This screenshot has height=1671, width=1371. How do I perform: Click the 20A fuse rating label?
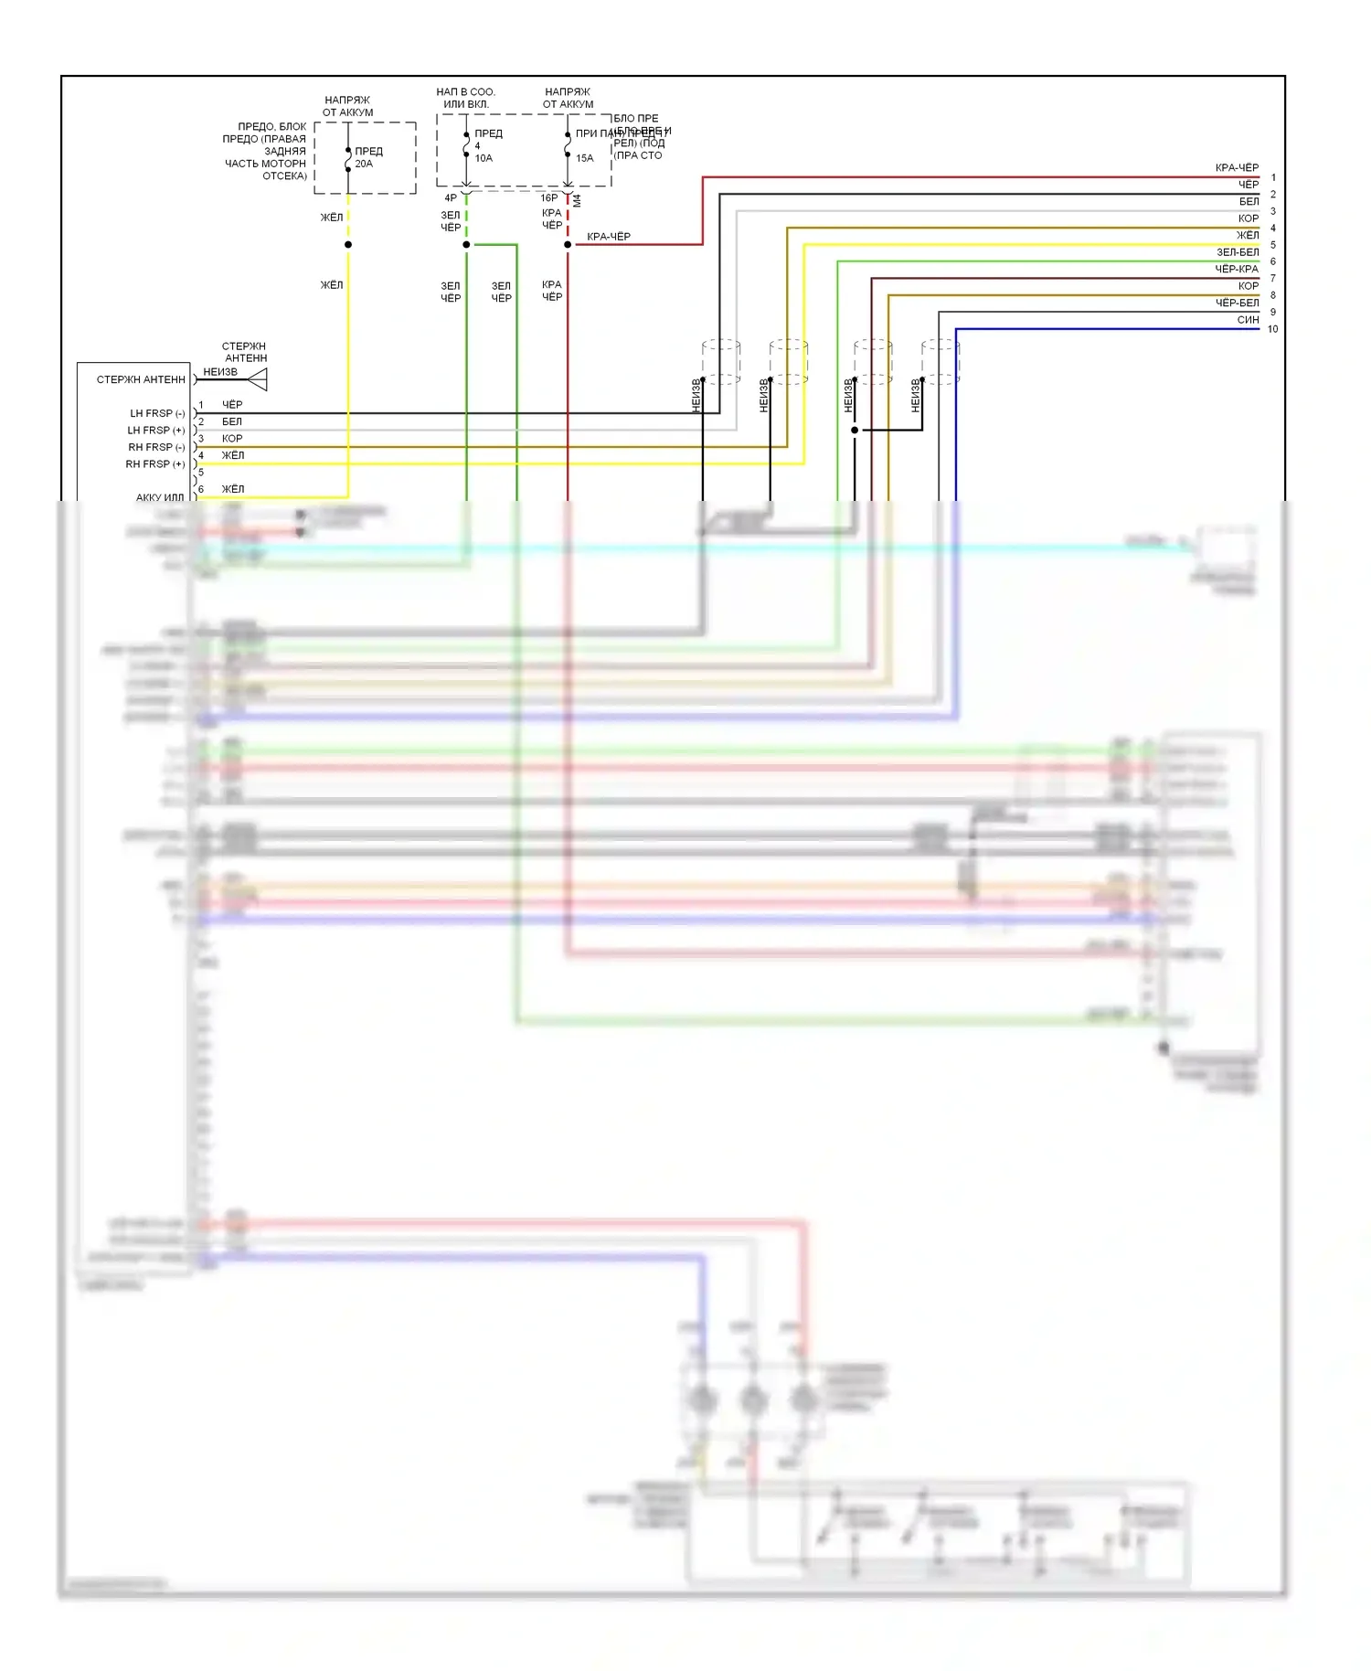coord(364,164)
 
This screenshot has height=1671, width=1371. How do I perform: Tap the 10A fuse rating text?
coord(484,158)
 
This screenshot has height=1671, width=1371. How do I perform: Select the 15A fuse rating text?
coord(585,158)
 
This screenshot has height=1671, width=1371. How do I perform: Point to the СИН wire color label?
coord(1248,320)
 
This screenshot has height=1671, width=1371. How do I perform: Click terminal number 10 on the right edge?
coord(1272,329)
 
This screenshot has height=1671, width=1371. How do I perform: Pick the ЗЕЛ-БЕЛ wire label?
coord(1238,252)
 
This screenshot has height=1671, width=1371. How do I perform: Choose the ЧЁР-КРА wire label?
coord(1237,269)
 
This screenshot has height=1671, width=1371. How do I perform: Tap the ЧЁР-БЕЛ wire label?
coord(1237,303)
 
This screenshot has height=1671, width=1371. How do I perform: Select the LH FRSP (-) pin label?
coord(157,413)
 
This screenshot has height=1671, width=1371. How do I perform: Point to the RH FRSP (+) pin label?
coord(155,464)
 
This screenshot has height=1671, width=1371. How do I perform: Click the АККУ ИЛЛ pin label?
coord(160,497)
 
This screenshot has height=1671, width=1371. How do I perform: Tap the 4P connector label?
coord(451,197)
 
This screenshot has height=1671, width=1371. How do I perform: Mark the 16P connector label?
coord(548,197)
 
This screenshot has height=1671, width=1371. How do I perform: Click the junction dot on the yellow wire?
coord(348,245)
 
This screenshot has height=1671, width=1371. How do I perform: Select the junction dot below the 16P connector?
coord(568,245)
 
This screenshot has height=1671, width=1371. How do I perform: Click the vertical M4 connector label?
coord(577,200)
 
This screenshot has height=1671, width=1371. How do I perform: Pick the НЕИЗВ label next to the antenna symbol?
coord(220,372)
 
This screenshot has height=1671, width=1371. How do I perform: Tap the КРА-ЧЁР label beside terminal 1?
coord(1237,167)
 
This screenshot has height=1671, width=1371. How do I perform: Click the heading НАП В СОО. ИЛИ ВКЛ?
coord(466,98)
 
